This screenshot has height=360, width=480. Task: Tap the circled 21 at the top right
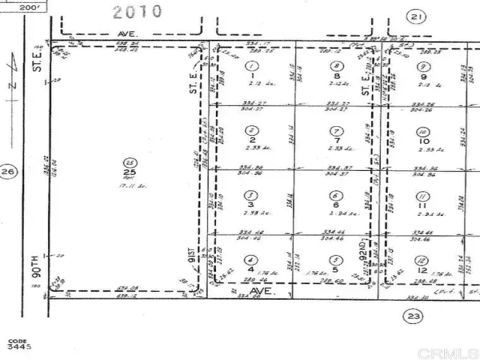(416, 16)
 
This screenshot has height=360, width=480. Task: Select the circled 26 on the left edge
(8, 172)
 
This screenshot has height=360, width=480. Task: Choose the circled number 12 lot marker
(422, 260)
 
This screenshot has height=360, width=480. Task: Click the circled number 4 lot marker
(250, 260)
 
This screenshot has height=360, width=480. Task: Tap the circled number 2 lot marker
(250, 131)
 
